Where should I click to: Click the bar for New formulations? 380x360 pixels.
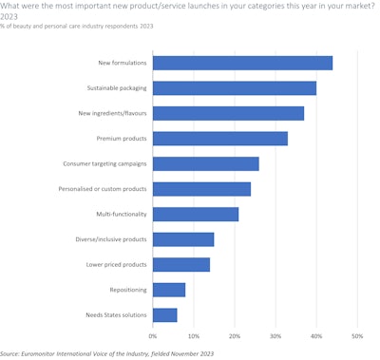point(242,63)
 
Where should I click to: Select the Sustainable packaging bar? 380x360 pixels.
point(235,88)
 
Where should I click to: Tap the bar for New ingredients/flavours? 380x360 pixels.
point(228,113)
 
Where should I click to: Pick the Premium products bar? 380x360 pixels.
point(220,139)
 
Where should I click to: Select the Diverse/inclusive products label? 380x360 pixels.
point(109,239)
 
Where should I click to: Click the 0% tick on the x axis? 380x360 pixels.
point(153,335)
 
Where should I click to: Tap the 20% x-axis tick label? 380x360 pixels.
point(235,335)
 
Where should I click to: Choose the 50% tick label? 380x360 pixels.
point(357,335)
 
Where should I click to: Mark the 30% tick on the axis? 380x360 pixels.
point(275,335)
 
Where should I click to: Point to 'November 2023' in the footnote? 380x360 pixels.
point(189,352)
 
